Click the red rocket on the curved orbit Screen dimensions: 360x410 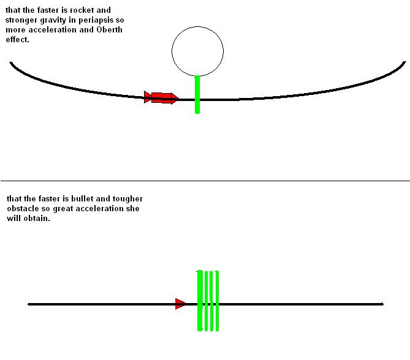point(161,97)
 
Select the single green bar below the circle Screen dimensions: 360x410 point(197,95)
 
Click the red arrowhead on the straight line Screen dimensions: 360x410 point(180,304)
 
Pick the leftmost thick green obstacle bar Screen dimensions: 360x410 point(200,301)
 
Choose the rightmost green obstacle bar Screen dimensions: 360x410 point(217,301)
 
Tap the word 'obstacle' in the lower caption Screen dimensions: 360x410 point(21,209)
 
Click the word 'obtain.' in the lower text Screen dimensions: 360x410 point(37,219)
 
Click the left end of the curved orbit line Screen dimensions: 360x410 point(11,62)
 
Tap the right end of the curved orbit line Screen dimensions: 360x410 point(405,62)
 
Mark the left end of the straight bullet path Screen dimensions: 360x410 point(29,304)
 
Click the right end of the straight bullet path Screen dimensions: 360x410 point(382,304)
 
